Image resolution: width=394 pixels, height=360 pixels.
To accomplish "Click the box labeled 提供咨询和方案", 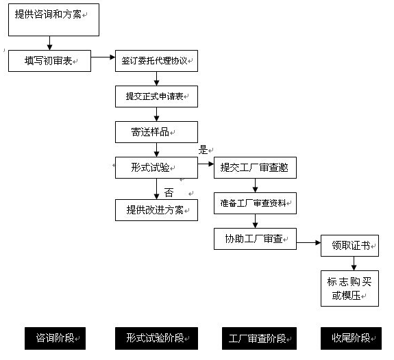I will pos(53,19).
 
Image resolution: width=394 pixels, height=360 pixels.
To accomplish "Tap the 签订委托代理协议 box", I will pos(156,61).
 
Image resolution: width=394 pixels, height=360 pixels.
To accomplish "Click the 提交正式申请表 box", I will pos(156,97).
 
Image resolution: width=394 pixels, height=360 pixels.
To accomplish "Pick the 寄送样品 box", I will pos(156,131).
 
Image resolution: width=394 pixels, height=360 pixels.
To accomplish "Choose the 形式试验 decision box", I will pos(156,167).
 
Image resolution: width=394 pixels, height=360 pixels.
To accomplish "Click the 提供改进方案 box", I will pos(156,209).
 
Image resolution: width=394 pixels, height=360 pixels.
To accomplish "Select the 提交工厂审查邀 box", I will pos(255,168).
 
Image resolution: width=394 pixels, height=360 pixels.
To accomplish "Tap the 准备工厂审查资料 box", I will pos(255,203).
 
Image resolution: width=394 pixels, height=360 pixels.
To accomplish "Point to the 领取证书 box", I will pos(349,245).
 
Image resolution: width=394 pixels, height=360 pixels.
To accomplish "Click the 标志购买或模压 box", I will pos(349,288).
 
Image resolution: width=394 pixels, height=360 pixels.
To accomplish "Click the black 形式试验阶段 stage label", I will pos(156,338).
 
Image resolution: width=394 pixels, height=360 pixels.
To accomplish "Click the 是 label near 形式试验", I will pos(204,150).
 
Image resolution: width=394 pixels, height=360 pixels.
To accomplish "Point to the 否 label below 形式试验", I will pos(169,192).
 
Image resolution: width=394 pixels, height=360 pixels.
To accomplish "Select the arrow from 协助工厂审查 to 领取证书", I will pos(308,242).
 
